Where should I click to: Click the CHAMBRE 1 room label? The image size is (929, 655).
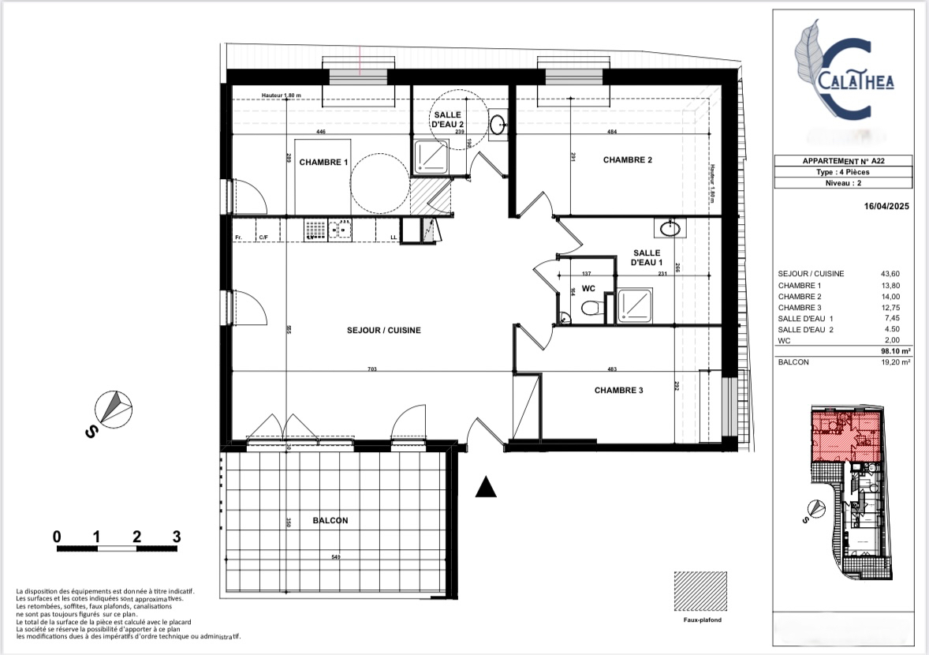(323, 162)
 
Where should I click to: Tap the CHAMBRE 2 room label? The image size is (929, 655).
(628, 160)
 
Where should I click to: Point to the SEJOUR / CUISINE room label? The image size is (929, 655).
(384, 331)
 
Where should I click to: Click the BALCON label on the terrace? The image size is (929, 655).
(330, 521)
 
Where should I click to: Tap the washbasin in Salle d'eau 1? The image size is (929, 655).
(669, 229)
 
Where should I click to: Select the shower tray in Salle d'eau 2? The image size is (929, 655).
(431, 155)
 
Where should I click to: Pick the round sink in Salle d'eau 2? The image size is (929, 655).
(498, 124)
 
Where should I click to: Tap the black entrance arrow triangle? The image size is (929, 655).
(487, 488)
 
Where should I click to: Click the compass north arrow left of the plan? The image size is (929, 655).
(111, 407)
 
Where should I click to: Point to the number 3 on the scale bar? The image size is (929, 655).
(177, 536)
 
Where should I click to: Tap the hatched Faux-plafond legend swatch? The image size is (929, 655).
(701, 590)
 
